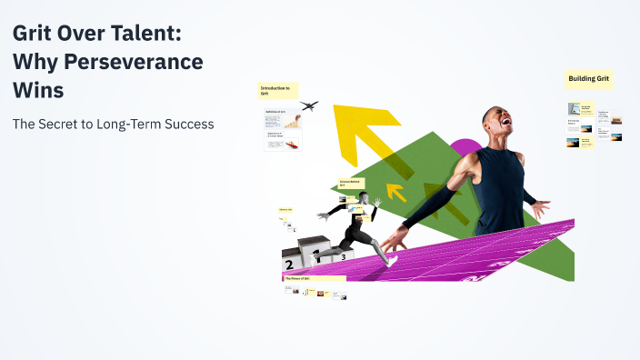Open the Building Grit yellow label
click(589, 80)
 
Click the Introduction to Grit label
click(275, 91)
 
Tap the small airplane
click(309, 105)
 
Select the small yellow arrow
click(395, 192)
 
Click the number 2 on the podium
click(289, 265)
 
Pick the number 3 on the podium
click(343, 257)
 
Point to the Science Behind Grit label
click(351, 183)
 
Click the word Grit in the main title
click(34, 35)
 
